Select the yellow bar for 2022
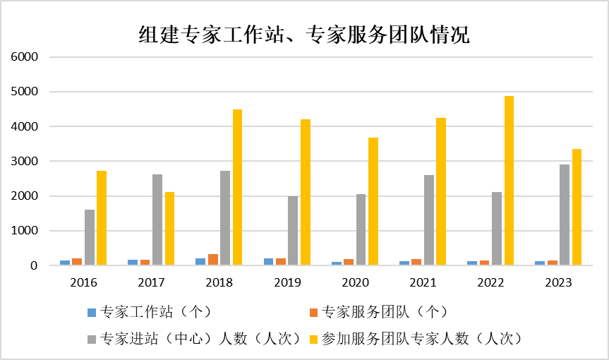[509, 181]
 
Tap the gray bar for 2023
[565, 215]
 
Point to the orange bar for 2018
[213, 260]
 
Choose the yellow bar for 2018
[237, 187]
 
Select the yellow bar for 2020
[373, 201]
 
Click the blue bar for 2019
[268, 262]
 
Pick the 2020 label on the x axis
[355, 282]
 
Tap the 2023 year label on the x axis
[559, 282]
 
